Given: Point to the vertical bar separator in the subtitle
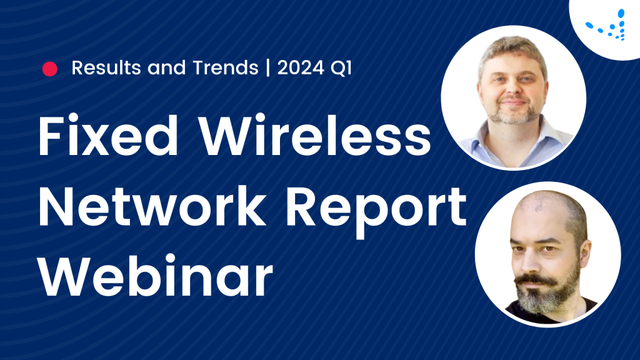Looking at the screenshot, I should [267, 68].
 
